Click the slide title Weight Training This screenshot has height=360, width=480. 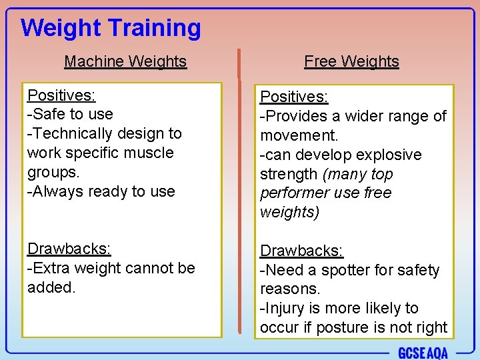point(111,28)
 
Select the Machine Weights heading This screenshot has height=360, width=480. point(125,61)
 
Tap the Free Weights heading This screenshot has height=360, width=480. point(351,61)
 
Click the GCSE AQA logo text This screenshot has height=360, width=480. point(423,353)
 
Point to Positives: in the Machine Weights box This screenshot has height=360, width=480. point(61,95)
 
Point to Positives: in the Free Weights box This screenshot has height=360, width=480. point(293,97)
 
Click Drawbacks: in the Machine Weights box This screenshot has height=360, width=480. point(69,249)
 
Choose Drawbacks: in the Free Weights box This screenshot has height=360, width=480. point(301,251)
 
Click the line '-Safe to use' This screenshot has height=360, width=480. point(70,114)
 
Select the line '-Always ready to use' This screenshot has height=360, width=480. point(101,191)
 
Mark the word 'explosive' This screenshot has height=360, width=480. point(389,155)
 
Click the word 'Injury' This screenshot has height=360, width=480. point(287,309)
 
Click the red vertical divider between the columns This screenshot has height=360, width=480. point(239,193)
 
